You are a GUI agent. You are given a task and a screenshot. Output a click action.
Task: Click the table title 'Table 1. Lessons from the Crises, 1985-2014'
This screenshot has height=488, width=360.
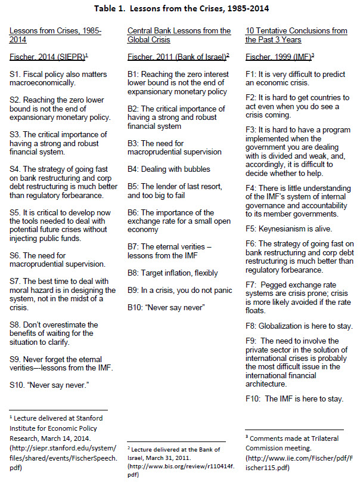coord(179,8)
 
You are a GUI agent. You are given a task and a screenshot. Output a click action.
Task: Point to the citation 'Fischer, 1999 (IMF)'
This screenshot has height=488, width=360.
coord(283,57)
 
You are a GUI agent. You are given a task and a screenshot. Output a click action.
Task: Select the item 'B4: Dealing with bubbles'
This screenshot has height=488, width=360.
coord(169,169)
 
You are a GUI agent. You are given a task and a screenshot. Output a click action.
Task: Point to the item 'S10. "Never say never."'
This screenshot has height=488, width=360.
coord(49,385)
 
